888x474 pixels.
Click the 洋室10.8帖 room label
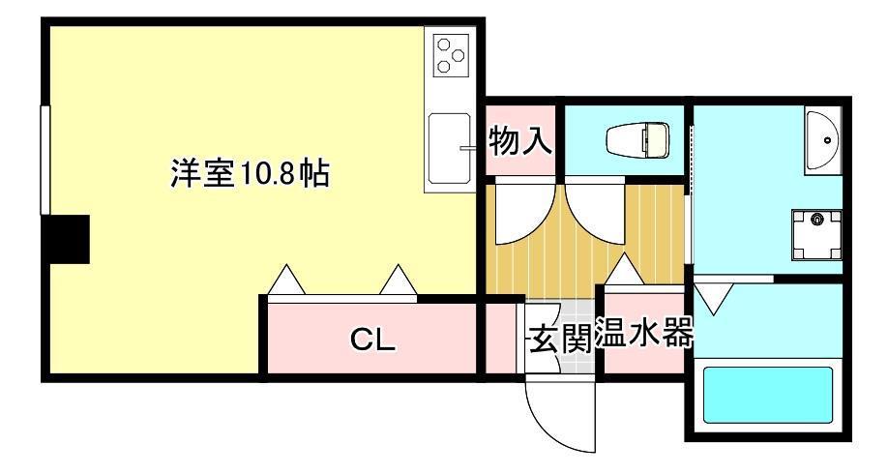(250, 173)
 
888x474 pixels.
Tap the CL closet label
(372, 340)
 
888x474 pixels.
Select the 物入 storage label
(520, 140)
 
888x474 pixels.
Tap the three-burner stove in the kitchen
(452, 54)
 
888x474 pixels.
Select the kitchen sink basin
(449, 148)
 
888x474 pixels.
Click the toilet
(637, 139)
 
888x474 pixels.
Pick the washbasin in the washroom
(823, 140)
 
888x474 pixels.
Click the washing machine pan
(816, 234)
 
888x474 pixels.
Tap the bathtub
(768, 395)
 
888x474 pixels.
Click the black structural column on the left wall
(69, 239)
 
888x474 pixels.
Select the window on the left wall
(45, 161)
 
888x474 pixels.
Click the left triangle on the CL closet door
(287, 281)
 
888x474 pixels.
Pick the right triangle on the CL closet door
(399, 281)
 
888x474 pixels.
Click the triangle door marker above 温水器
(625, 270)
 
